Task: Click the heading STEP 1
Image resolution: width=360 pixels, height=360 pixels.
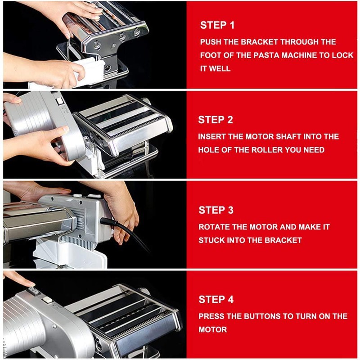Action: [x=217, y=25]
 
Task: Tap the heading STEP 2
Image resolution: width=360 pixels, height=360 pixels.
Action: [x=216, y=120]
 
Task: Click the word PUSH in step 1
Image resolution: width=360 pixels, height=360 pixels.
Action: [x=211, y=42]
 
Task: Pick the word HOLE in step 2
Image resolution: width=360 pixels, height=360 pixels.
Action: [x=209, y=150]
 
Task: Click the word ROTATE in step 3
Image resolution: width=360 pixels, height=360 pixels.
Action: [x=213, y=227]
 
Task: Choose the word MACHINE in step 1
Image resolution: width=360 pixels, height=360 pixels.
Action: [x=299, y=55]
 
